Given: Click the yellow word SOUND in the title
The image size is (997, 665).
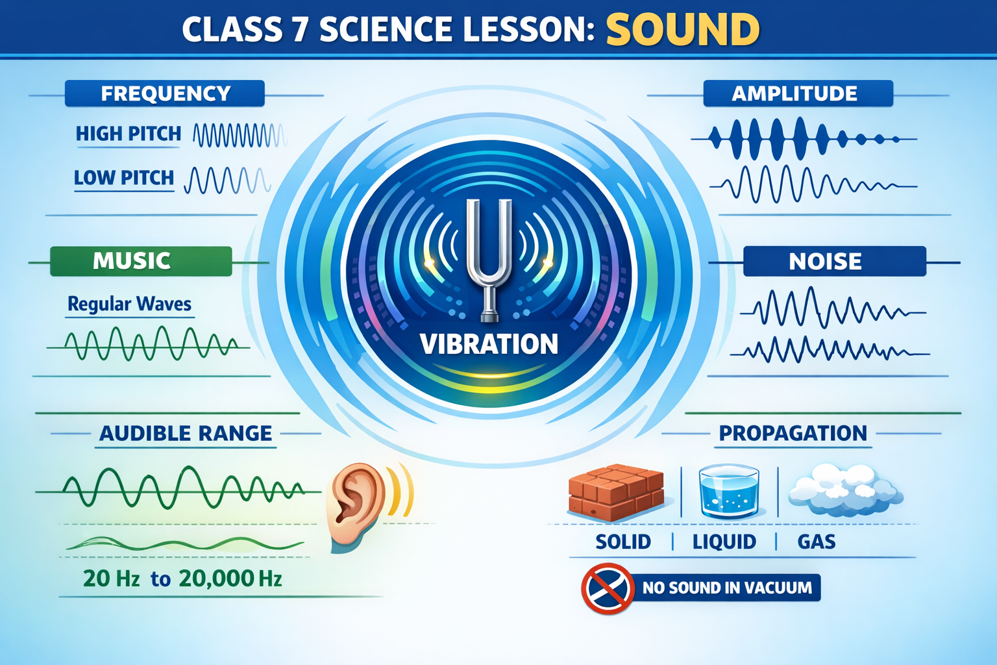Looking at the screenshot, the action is pos(683,29).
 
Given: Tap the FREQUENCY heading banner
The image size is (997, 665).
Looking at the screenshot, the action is pos(165,94).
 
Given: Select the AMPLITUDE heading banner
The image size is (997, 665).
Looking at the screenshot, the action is pos(798,94).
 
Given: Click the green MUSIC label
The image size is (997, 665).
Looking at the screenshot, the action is pos(141,261).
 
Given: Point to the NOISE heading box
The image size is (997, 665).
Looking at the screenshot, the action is pos(835,261).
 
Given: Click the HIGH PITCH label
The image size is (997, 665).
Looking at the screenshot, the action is pos(129,134).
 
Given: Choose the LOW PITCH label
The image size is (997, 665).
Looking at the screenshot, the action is pos(124,178).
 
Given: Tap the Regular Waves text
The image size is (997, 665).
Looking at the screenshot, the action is pos(130,304).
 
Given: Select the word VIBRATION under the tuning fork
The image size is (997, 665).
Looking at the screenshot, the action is pos(489,344).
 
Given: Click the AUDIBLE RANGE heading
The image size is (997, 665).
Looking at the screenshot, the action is pos(186,433).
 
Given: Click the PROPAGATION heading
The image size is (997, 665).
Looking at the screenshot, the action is pos(793,433).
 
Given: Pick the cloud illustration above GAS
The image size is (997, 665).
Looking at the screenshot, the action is pos(845,490).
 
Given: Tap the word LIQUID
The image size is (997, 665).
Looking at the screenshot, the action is pos(724,542).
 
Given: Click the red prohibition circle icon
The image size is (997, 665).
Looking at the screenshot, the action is pos(608,588).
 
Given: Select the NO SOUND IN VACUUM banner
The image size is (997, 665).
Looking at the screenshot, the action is pos(726,588).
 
